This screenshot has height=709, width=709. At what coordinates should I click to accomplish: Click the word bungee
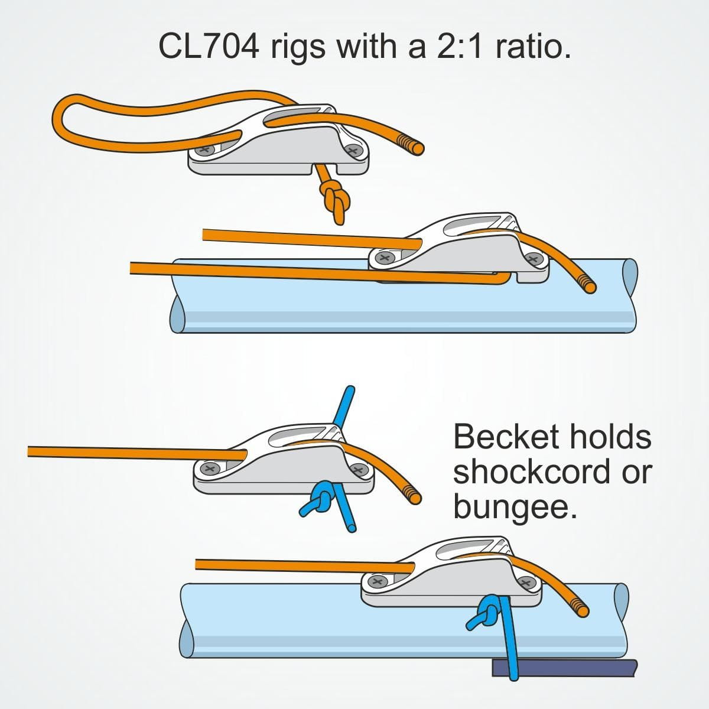(x=513, y=506)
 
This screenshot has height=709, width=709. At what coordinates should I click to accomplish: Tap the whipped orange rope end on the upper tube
(x=587, y=284)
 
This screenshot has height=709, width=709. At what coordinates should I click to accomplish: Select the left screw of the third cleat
(x=211, y=469)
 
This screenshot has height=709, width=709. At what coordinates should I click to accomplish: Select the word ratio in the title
(x=534, y=47)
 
